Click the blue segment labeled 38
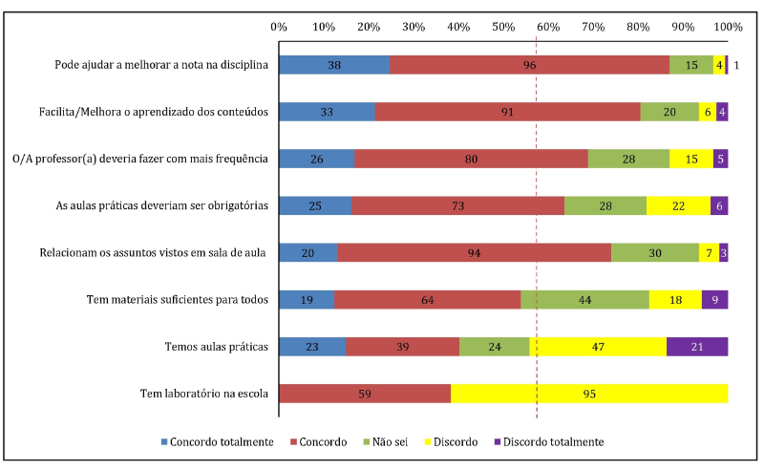click(333, 65)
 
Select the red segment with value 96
click(529, 65)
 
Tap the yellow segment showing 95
click(589, 393)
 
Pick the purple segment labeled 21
click(697, 346)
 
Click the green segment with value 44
click(584, 299)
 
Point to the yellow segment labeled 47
click(598, 346)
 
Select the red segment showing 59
click(364, 393)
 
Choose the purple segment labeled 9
click(714, 299)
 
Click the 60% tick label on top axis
click(548, 26)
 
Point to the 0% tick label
click(279, 26)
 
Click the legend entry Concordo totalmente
click(218, 441)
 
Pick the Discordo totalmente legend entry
click(548, 441)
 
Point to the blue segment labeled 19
click(307, 299)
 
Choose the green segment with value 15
click(690, 65)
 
